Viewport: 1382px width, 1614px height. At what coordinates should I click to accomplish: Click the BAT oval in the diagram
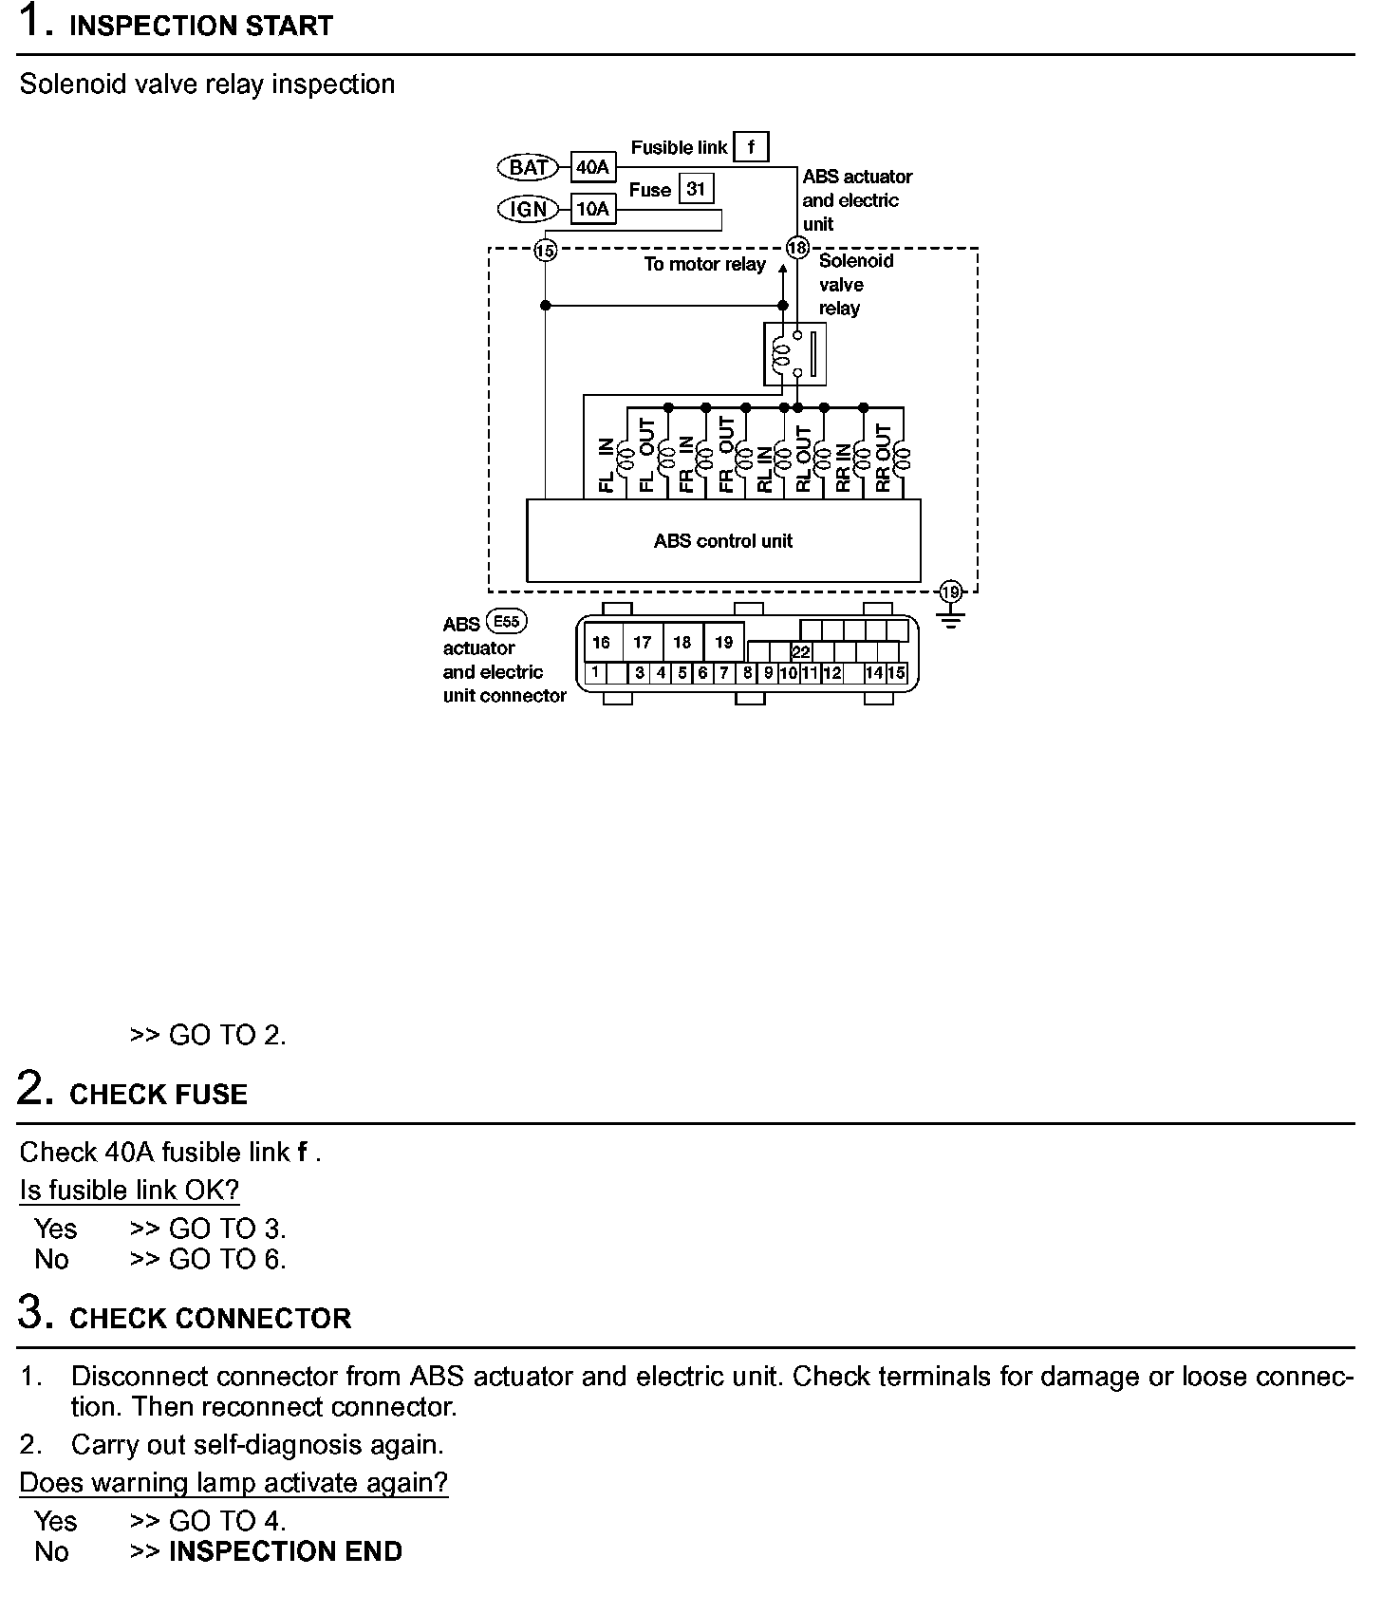coord(529,168)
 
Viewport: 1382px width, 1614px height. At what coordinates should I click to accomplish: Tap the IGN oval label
coord(529,209)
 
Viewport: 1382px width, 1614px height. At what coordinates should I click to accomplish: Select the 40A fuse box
coord(592,168)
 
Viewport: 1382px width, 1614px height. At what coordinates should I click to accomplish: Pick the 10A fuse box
coord(592,209)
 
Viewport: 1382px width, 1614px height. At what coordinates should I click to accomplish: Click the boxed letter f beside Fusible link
coord(751,147)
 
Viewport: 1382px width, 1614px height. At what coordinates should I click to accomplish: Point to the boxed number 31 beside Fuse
coord(696,189)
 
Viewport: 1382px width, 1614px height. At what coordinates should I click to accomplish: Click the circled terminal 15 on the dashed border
coord(545,251)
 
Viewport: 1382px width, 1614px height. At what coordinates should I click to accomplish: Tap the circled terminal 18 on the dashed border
coord(797,249)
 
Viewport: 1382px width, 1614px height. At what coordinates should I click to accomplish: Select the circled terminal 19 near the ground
coord(950,592)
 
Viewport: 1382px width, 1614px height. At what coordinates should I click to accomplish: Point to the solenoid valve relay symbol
coord(794,354)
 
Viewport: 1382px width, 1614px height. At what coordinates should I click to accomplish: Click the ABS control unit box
coord(723,541)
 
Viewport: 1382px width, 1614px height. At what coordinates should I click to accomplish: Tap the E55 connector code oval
coord(507,622)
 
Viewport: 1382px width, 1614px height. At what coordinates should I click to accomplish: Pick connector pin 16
coord(601,643)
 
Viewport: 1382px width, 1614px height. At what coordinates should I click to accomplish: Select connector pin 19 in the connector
coord(724,643)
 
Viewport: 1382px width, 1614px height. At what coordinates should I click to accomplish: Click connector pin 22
coord(801,652)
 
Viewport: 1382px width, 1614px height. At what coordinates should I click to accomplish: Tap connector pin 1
coord(595,673)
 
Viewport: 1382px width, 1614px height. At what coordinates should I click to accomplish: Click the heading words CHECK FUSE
coord(159,1095)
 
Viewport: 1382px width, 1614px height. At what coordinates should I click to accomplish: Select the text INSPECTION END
coord(285,1551)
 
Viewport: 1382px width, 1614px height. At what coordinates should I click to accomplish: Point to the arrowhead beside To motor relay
coord(783,269)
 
